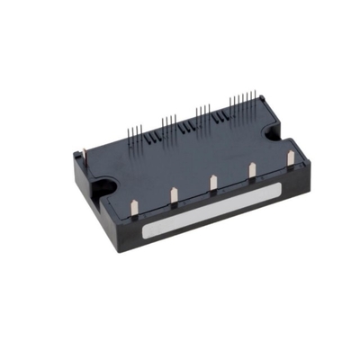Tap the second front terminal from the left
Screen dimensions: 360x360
point(172,193)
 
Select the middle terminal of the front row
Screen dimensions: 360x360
point(213,181)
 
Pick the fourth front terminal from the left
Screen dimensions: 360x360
point(252,168)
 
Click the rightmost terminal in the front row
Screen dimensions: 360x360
point(290,157)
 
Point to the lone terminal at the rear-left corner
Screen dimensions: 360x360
point(85,157)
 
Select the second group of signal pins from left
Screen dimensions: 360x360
point(168,123)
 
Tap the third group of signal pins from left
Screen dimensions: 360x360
point(203,112)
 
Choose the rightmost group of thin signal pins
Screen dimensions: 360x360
point(241,100)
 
